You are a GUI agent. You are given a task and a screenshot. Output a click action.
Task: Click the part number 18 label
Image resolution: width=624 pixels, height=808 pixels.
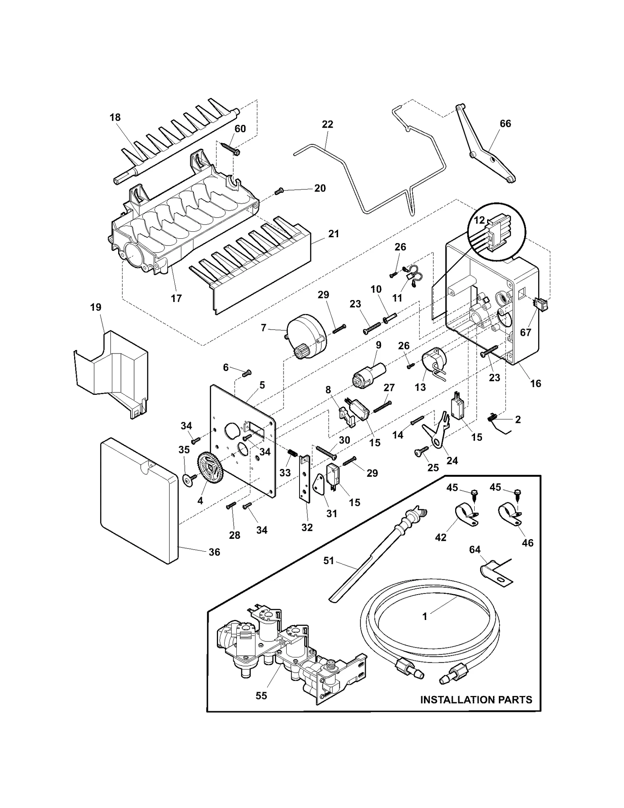click(x=115, y=117)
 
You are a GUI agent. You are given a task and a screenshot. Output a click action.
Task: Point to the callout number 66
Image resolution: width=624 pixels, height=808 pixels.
click(x=505, y=124)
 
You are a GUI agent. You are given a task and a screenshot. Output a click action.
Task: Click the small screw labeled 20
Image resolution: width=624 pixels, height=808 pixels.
click(x=279, y=191)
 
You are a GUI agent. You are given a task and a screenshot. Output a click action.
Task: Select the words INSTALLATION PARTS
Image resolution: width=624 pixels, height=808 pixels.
click(x=476, y=700)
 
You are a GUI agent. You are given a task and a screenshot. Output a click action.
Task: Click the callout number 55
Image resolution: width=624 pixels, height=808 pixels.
click(x=261, y=695)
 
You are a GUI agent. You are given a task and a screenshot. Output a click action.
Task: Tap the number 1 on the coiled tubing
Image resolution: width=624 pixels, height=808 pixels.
click(x=425, y=616)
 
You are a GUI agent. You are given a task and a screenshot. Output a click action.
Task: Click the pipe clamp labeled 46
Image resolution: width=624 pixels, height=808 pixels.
click(x=509, y=515)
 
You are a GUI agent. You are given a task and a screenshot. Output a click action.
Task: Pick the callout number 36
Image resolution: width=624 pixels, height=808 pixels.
click(x=214, y=552)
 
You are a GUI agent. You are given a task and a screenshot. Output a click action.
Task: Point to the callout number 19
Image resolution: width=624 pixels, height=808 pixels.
click(x=96, y=307)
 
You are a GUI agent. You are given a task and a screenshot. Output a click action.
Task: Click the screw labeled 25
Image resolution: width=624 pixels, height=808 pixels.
click(x=419, y=452)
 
